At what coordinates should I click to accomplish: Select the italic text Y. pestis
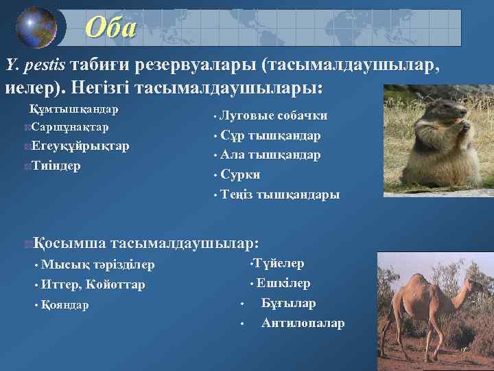tap(35, 65)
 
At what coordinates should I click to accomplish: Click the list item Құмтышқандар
tap(73, 109)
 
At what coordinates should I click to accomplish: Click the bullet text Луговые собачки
tap(274, 115)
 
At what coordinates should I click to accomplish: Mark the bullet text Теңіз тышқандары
tap(280, 194)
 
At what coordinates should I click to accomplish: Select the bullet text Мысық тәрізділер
tap(97, 265)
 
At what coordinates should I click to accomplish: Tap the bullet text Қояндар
tap(64, 304)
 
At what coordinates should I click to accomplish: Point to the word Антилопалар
tap(303, 323)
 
